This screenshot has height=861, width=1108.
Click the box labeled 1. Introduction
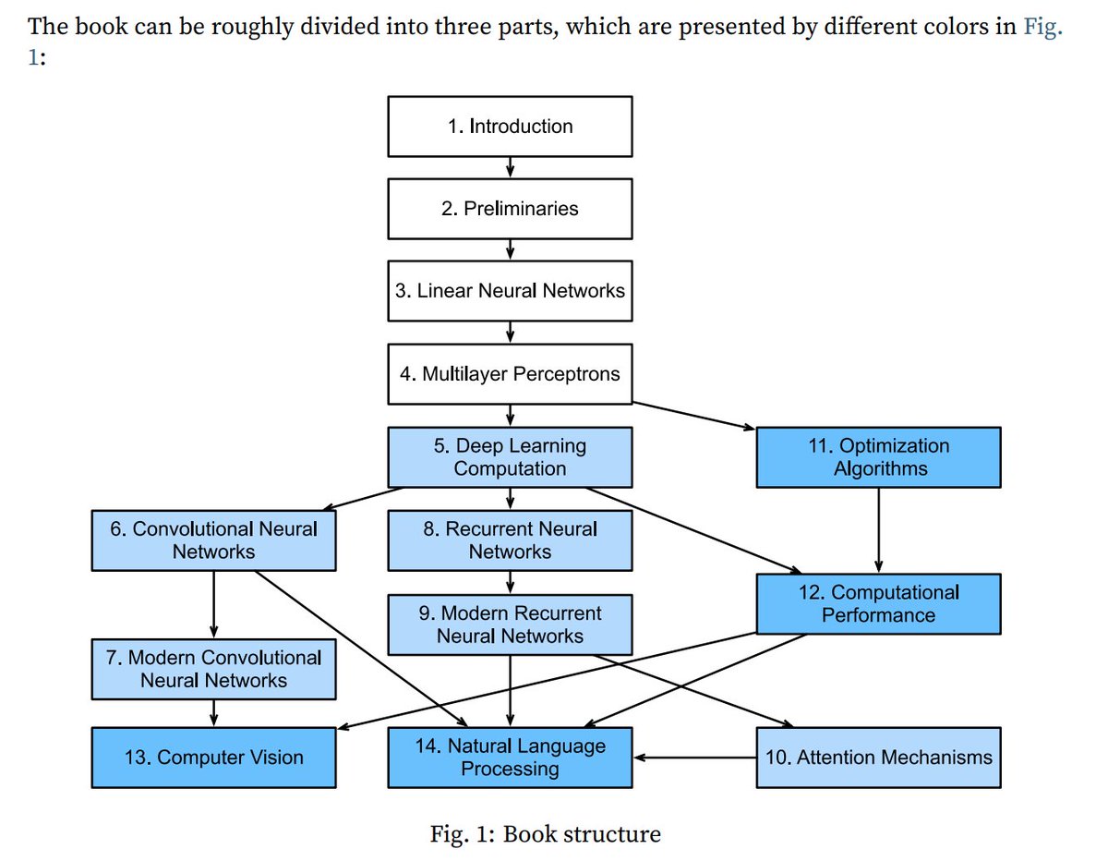510,127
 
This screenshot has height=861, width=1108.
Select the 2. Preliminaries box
510,209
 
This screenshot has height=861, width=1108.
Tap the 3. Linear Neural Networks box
510,291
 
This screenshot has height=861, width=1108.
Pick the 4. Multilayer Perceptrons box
510,374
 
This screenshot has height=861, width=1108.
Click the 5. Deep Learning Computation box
510,457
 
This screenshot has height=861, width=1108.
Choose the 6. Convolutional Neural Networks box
213,540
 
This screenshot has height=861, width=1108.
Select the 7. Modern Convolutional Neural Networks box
213,669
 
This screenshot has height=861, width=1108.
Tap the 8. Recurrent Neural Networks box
510,540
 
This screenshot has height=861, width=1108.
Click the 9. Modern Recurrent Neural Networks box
510,625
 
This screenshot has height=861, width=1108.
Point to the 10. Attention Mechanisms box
878,758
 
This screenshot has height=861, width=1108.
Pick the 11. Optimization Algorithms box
878,457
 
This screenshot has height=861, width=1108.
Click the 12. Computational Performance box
878,604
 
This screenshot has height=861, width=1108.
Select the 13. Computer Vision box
213,758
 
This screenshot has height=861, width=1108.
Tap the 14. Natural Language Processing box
510,758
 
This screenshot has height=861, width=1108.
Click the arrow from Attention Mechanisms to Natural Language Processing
694,758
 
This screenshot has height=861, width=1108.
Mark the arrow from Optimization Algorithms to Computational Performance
878,530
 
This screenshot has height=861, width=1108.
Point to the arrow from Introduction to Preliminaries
510,167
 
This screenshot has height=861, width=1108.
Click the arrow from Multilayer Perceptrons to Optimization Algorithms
692,415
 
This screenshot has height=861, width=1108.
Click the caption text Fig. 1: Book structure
545,835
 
